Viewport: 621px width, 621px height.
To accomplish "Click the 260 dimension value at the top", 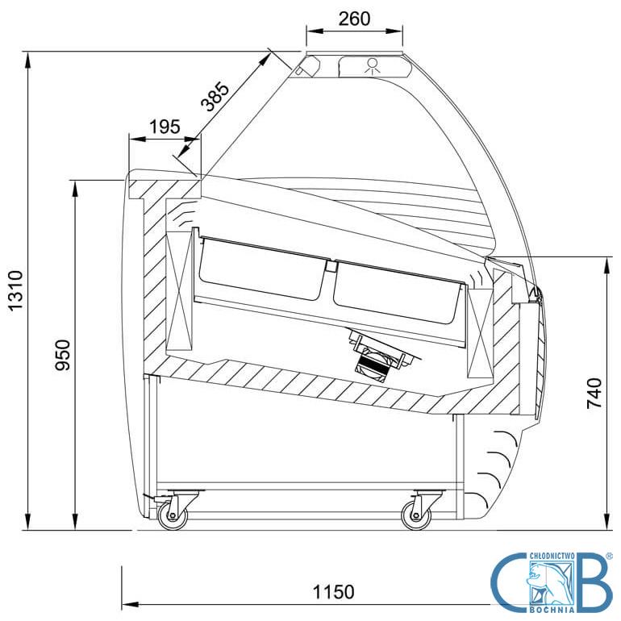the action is click(355, 19).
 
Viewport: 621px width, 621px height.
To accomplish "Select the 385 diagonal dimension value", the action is click(215, 97).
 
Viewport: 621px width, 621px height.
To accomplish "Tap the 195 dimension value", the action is click(165, 127).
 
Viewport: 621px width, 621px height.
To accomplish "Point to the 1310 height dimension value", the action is click(17, 290).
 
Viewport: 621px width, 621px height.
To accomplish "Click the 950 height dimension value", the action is click(62, 355).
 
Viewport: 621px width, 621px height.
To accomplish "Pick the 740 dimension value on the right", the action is click(594, 394).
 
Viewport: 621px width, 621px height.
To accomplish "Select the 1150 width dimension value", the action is click(333, 592).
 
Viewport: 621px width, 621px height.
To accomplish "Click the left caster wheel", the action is click(173, 515).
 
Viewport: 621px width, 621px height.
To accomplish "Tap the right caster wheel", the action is click(416, 515).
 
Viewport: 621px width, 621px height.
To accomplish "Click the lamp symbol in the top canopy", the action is click(373, 66).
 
